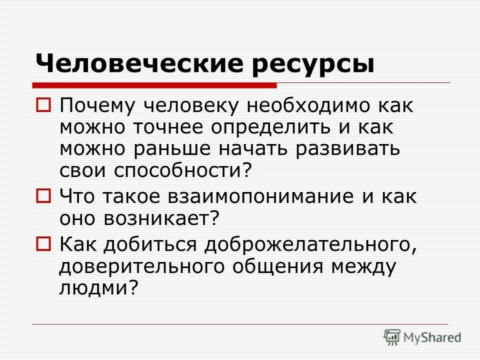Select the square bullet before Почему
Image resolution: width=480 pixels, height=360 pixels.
click(x=43, y=105)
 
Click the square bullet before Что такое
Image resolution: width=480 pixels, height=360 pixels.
click(x=43, y=195)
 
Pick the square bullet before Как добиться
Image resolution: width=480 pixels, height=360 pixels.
click(x=43, y=244)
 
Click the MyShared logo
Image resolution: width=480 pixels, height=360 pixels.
click(x=422, y=336)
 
